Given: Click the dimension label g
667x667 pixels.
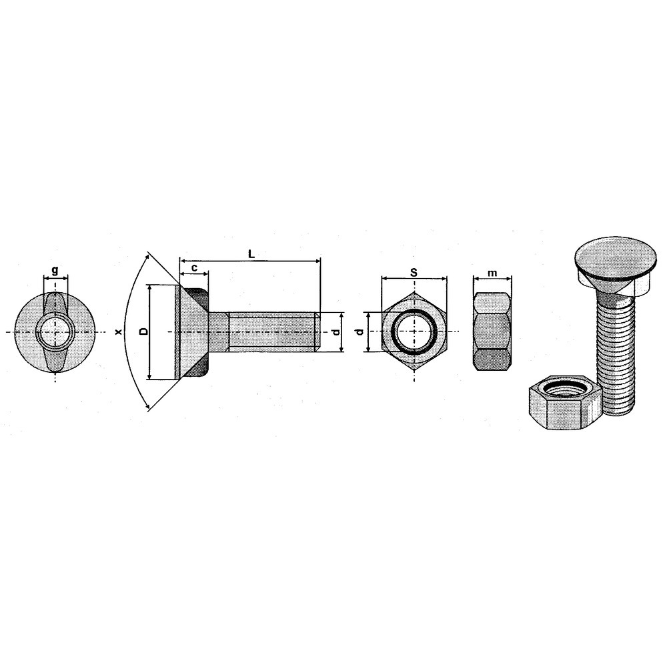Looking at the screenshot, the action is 55,270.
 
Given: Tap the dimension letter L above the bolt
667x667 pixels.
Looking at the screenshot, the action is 251,254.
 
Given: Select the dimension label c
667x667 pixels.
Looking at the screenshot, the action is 194,267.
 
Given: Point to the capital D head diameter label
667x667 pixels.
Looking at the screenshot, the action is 144,331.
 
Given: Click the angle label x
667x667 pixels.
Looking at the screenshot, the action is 119,331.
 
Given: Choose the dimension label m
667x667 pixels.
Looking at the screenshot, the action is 492,273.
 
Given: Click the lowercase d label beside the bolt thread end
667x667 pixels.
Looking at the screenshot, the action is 336,331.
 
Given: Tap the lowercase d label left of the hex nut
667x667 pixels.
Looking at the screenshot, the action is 361,331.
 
